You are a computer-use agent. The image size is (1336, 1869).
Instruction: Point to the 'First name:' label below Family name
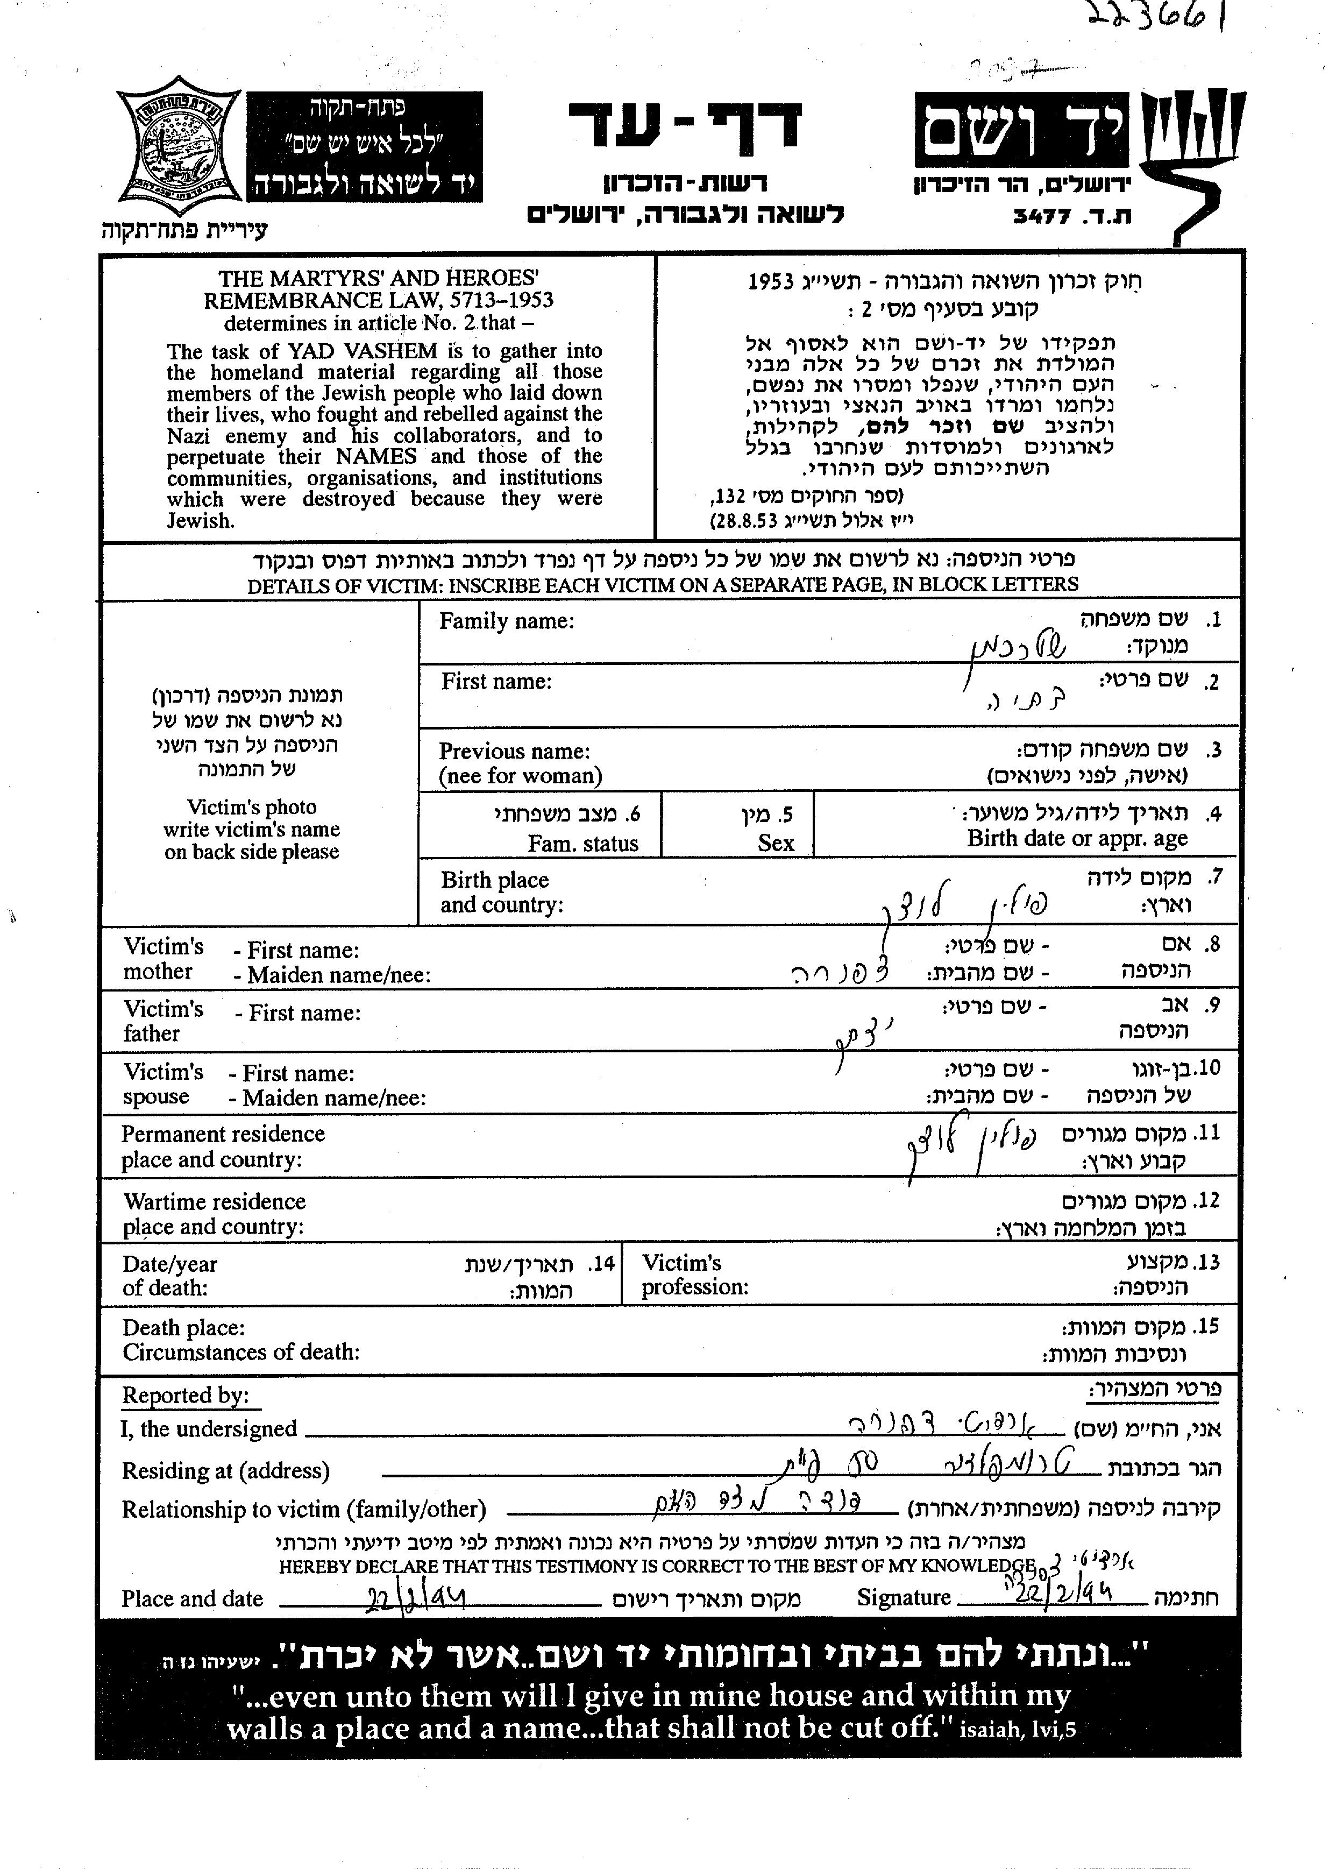(496, 682)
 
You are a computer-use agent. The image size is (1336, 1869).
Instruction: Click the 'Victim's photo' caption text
(251, 808)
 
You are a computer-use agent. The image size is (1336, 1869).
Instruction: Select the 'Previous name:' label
(514, 752)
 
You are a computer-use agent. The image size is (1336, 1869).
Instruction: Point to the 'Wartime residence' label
(214, 1202)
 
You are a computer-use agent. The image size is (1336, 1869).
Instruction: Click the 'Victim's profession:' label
(695, 1275)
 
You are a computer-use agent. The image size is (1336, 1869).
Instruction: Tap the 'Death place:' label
(183, 1327)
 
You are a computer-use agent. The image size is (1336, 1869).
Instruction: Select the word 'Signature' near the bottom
(903, 1597)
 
